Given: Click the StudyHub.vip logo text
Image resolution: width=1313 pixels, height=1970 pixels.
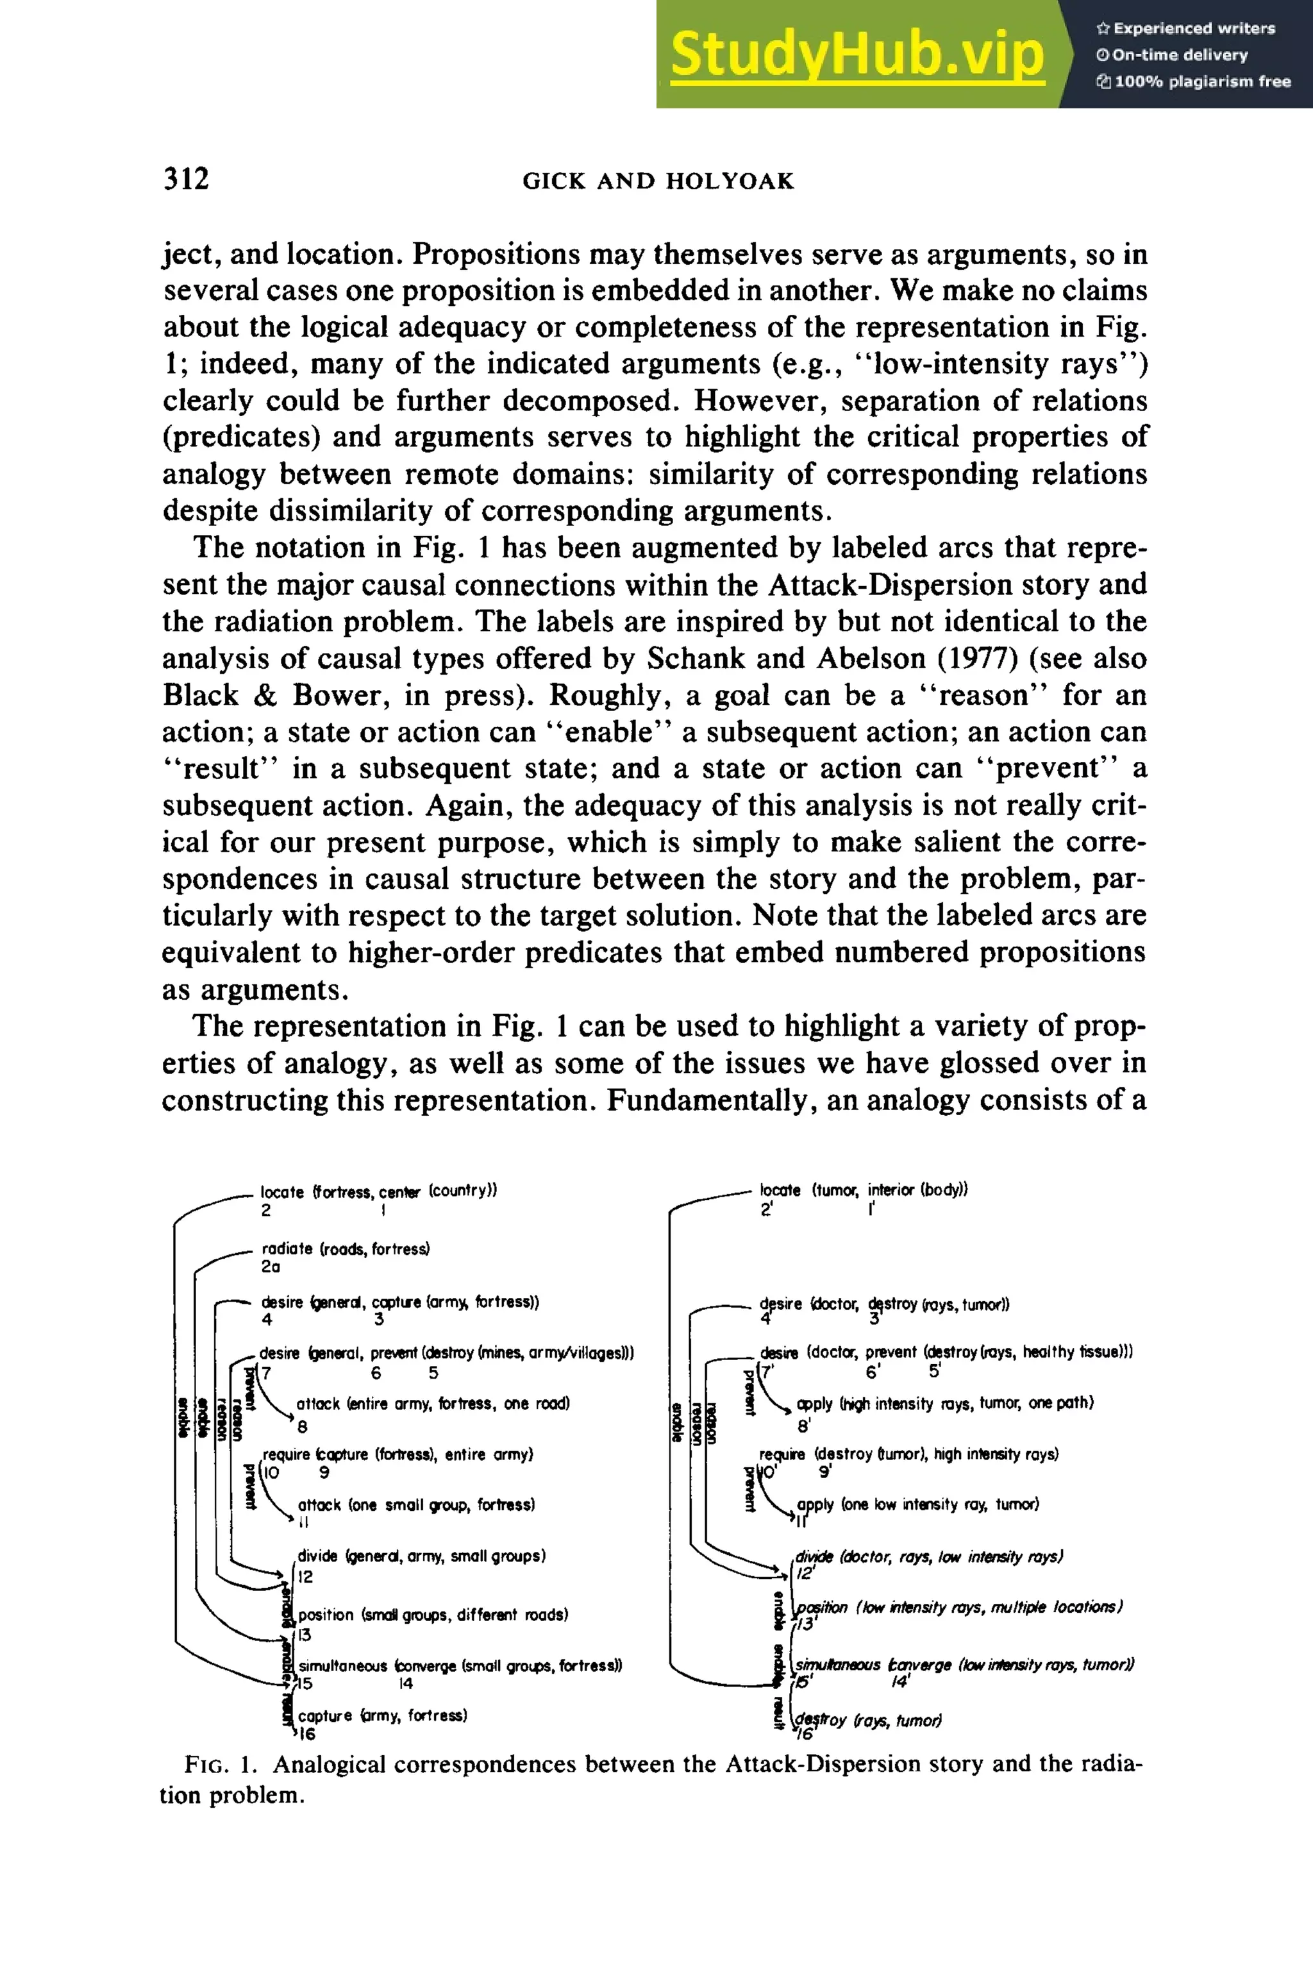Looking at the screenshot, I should point(857,55).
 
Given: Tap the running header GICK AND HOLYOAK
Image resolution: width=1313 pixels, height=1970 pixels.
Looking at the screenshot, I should point(658,181).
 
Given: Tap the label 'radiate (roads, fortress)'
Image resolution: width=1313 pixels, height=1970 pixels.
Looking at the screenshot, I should point(346,1249).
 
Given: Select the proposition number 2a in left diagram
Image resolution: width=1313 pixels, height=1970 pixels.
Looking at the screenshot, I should point(271,1267).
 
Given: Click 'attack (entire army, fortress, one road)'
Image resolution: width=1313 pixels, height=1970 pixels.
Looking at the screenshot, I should point(433,1404).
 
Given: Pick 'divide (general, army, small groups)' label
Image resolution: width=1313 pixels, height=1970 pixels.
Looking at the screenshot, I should point(421,1556).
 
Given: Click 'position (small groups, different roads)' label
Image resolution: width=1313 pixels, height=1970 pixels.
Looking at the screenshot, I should point(433,1614).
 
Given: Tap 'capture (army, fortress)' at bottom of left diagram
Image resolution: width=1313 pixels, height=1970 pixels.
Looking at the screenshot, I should point(383,1715).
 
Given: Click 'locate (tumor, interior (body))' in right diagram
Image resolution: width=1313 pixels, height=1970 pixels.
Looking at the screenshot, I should point(864,1190).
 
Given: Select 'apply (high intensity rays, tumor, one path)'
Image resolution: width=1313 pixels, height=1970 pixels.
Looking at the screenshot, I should point(944,1403).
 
